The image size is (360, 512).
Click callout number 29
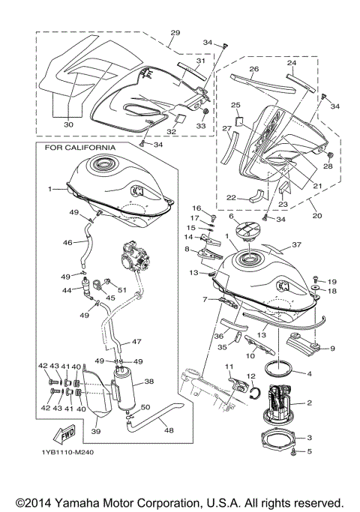tap(175, 33)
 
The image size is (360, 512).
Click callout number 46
tap(67, 243)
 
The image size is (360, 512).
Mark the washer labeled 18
tap(315, 289)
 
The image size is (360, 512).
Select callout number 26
tap(254, 70)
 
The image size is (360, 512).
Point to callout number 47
tap(136, 340)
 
